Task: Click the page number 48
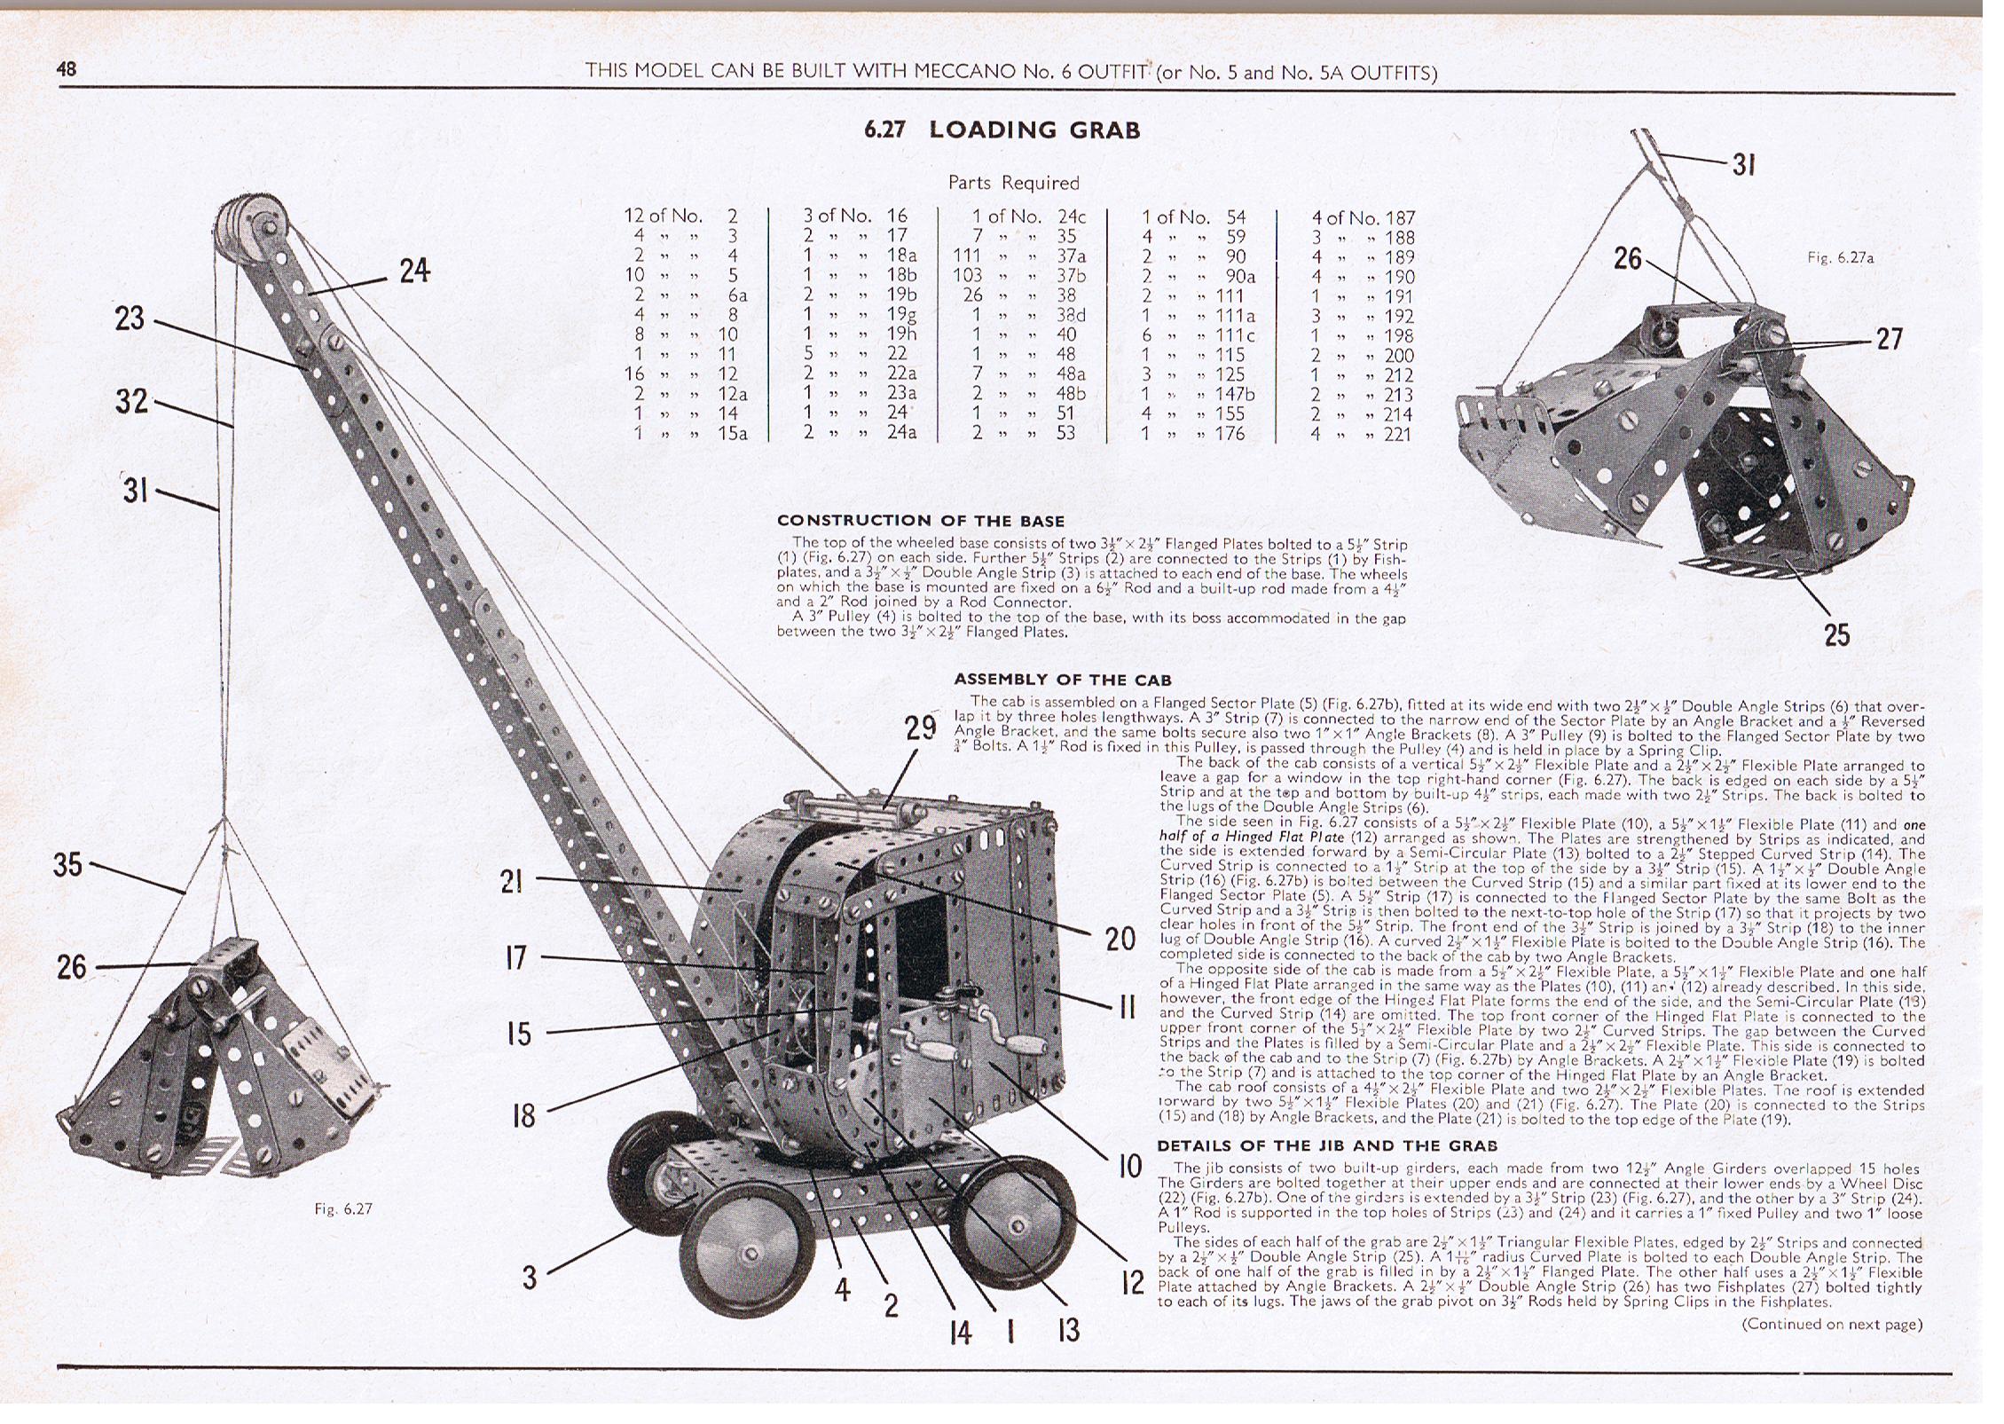tap(67, 69)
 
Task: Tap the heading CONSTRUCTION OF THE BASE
tap(920, 521)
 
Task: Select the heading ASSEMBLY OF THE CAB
tap(1063, 680)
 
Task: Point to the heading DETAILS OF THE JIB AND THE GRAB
tap(1327, 1145)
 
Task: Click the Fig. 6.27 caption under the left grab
tap(343, 1208)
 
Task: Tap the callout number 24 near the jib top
tap(414, 271)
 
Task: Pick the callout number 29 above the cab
tap(921, 728)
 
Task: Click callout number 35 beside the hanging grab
tap(67, 864)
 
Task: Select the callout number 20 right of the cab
tap(1120, 938)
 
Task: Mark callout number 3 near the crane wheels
tap(529, 1278)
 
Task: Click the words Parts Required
tap(1013, 183)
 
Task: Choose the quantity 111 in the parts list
tap(966, 256)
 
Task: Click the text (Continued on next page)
tap(1832, 1325)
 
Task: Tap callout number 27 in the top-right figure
tap(1889, 339)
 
